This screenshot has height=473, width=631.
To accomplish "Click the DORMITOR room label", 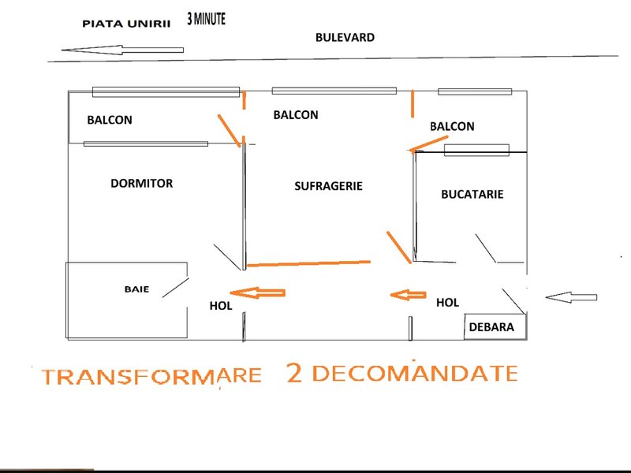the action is [x=142, y=184].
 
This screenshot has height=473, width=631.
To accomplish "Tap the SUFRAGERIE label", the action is [x=328, y=186].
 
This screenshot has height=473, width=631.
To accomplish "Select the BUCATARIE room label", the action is [x=472, y=194].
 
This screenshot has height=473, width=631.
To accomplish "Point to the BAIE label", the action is [x=136, y=289].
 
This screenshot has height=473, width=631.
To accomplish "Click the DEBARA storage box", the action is [x=495, y=326].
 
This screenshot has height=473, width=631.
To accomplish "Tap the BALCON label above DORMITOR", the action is [x=110, y=120].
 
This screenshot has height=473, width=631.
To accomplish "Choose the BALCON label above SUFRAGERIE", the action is [x=296, y=115].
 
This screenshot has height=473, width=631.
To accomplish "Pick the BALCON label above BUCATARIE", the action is [x=452, y=126].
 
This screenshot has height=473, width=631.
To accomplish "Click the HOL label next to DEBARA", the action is [x=447, y=303].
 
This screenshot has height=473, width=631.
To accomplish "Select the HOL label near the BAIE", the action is [x=221, y=306].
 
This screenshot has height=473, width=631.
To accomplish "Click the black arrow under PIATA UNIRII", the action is [x=122, y=50].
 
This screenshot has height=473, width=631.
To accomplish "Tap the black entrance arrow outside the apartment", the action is [x=571, y=297].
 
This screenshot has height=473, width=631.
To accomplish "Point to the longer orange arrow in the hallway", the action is [x=258, y=292].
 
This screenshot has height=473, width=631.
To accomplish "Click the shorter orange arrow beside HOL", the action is [x=408, y=295].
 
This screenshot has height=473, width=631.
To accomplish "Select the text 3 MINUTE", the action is [x=206, y=19].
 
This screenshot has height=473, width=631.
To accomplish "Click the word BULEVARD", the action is [x=345, y=37].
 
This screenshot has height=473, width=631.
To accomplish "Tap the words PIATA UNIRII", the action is [x=126, y=24].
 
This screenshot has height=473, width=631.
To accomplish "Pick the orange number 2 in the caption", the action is [x=294, y=373].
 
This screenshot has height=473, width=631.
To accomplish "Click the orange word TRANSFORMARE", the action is [x=151, y=376].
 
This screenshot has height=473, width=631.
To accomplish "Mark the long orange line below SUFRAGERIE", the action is [x=308, y=263].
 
